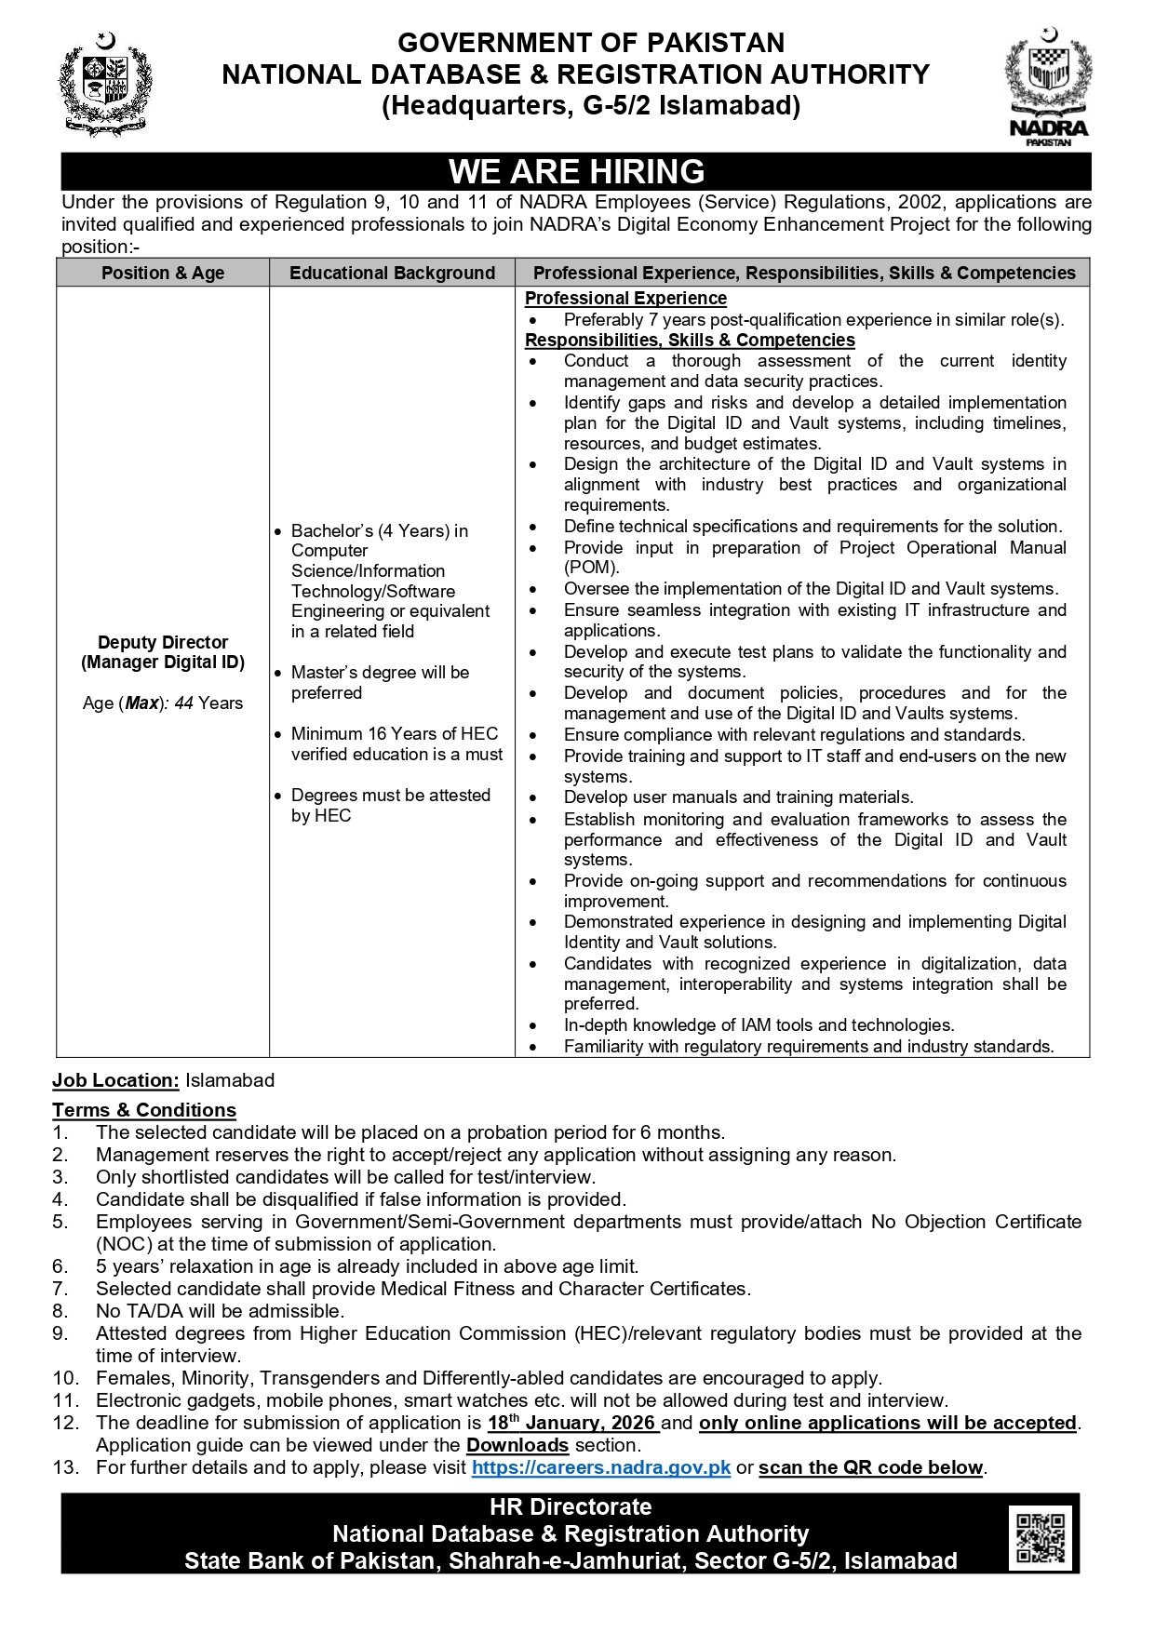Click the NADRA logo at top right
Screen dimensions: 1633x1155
click(x=1048, y=86)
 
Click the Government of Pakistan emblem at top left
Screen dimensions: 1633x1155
click(x=105, y=84)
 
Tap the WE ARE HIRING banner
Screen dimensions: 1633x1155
click(x=576, y=172)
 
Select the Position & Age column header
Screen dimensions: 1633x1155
click(x=163, y=273)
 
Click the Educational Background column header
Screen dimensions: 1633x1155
click(x=392, y=273)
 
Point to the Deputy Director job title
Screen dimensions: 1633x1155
click(x=163, y=642)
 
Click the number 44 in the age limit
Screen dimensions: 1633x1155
click(x=183, y=703)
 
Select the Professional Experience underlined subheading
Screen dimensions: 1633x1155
click(x=625, y=299)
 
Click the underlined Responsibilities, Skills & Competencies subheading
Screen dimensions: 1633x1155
click(x=690, y=341)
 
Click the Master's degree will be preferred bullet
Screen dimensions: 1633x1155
click(x=380, y=682)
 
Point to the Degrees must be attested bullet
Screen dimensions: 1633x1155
click(x=390, y=805)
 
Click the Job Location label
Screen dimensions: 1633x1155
click(x=115, y=1080)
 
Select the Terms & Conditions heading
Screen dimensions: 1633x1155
click(x=144, y=1110)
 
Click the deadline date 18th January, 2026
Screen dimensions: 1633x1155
click(x=572, y=1423)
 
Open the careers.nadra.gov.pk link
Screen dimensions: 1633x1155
click(x=600, y=1467)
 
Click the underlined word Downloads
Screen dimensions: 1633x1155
click(x=517, y=1445)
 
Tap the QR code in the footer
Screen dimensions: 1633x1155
click(x=1040, y=1537)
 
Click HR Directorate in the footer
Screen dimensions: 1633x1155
click(x=571, y=1507)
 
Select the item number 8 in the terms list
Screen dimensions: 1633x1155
click(x=60, y=1311)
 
